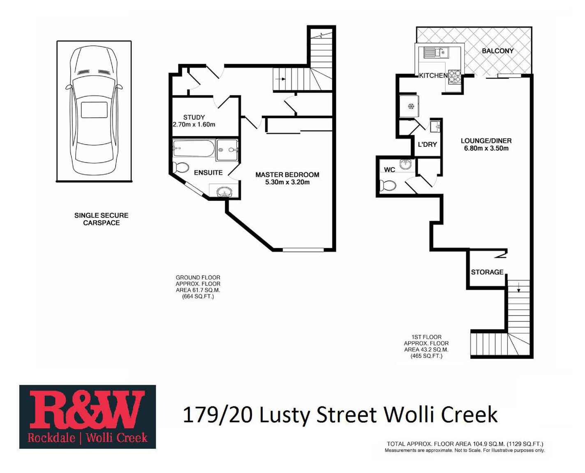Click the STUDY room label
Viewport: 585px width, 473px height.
[194, 117]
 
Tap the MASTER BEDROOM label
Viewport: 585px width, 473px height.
[287, 174]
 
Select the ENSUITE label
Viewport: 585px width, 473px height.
[208, 173]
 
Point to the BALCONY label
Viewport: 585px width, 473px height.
[497, 51]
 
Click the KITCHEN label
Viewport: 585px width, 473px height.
[433, 76]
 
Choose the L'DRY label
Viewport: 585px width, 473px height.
[427, 144]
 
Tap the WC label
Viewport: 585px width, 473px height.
[389, 169]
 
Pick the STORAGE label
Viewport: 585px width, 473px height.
[487, 272]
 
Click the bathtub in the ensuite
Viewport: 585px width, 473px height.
[193, 148]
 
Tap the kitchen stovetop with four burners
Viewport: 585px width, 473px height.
[454, 77]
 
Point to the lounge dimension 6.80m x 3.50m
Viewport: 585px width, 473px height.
[486, 148]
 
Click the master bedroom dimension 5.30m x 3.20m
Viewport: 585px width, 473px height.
[287, 182]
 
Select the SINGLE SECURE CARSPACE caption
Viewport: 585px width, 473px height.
[101, 219]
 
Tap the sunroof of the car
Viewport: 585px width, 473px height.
[94, 110]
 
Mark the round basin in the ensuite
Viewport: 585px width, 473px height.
[224, 192]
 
